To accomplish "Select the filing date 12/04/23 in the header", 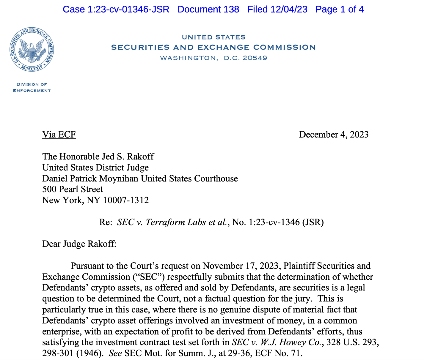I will [x=289, y=10].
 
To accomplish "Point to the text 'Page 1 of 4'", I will [x=340, y=10].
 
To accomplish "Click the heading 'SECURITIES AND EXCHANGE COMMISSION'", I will [x=213, y=47].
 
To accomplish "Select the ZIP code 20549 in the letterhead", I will [x=255, y=58].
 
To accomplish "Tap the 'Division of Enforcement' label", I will [x=32, y=87].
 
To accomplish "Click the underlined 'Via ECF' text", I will [x=59, y=135].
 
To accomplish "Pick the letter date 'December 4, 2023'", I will [x=334, y=135].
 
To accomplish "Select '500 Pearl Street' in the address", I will [x=73, y=189].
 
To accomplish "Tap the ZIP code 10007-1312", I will [x=126, y=200].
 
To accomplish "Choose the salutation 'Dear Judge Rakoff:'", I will [x=79, y=244].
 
